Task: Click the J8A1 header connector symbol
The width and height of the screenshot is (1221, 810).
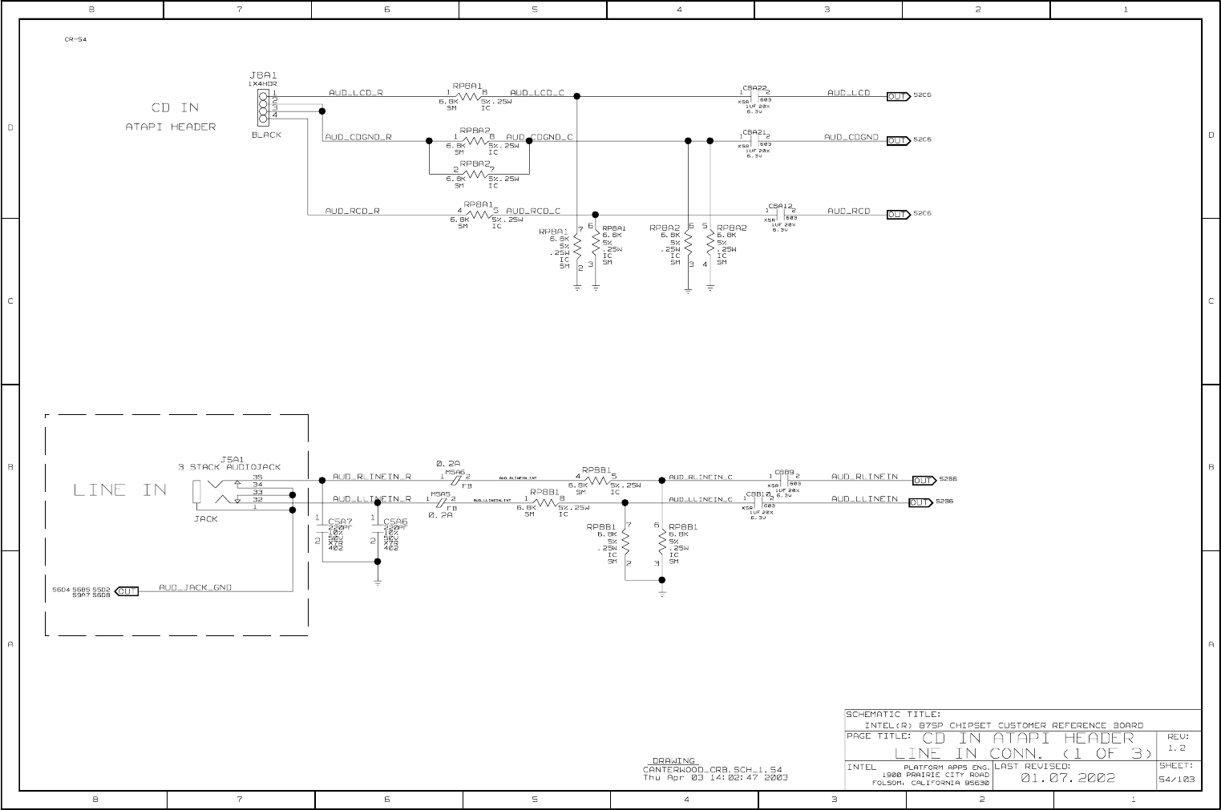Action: click(263, 105)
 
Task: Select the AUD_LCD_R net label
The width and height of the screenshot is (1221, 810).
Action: click(356, 93)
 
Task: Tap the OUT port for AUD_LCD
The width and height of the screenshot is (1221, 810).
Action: click(898, 96)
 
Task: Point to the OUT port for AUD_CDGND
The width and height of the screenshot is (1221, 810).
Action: click(898, 140)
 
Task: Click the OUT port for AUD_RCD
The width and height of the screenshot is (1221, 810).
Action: click(898, 214)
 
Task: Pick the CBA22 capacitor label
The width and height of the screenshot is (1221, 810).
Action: click(755, 87)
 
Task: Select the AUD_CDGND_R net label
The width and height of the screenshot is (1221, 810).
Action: click(358, 137)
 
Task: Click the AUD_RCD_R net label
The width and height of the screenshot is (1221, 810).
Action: click(353, 211)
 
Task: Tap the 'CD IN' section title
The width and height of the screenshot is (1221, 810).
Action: click(175, 107)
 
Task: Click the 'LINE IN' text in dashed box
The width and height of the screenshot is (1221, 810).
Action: click(120, 490)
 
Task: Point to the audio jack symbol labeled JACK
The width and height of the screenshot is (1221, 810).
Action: click(197, 492)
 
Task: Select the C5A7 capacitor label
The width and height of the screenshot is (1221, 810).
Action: click(340, 522)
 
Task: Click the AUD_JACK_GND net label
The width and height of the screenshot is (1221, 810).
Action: click(195, 587)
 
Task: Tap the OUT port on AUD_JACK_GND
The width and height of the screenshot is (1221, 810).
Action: click(127, 591)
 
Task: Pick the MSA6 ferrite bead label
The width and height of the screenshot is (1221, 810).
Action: click(455, 473)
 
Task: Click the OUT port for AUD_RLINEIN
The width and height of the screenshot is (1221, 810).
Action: click(924, 481)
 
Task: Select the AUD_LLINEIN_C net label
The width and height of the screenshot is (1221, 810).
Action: click(701, 499)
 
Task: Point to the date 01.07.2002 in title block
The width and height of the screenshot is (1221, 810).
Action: click(1068, 778)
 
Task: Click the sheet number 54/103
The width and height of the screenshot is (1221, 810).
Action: click(1177, 779)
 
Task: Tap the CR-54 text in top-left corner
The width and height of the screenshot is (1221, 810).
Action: click(75, 39)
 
